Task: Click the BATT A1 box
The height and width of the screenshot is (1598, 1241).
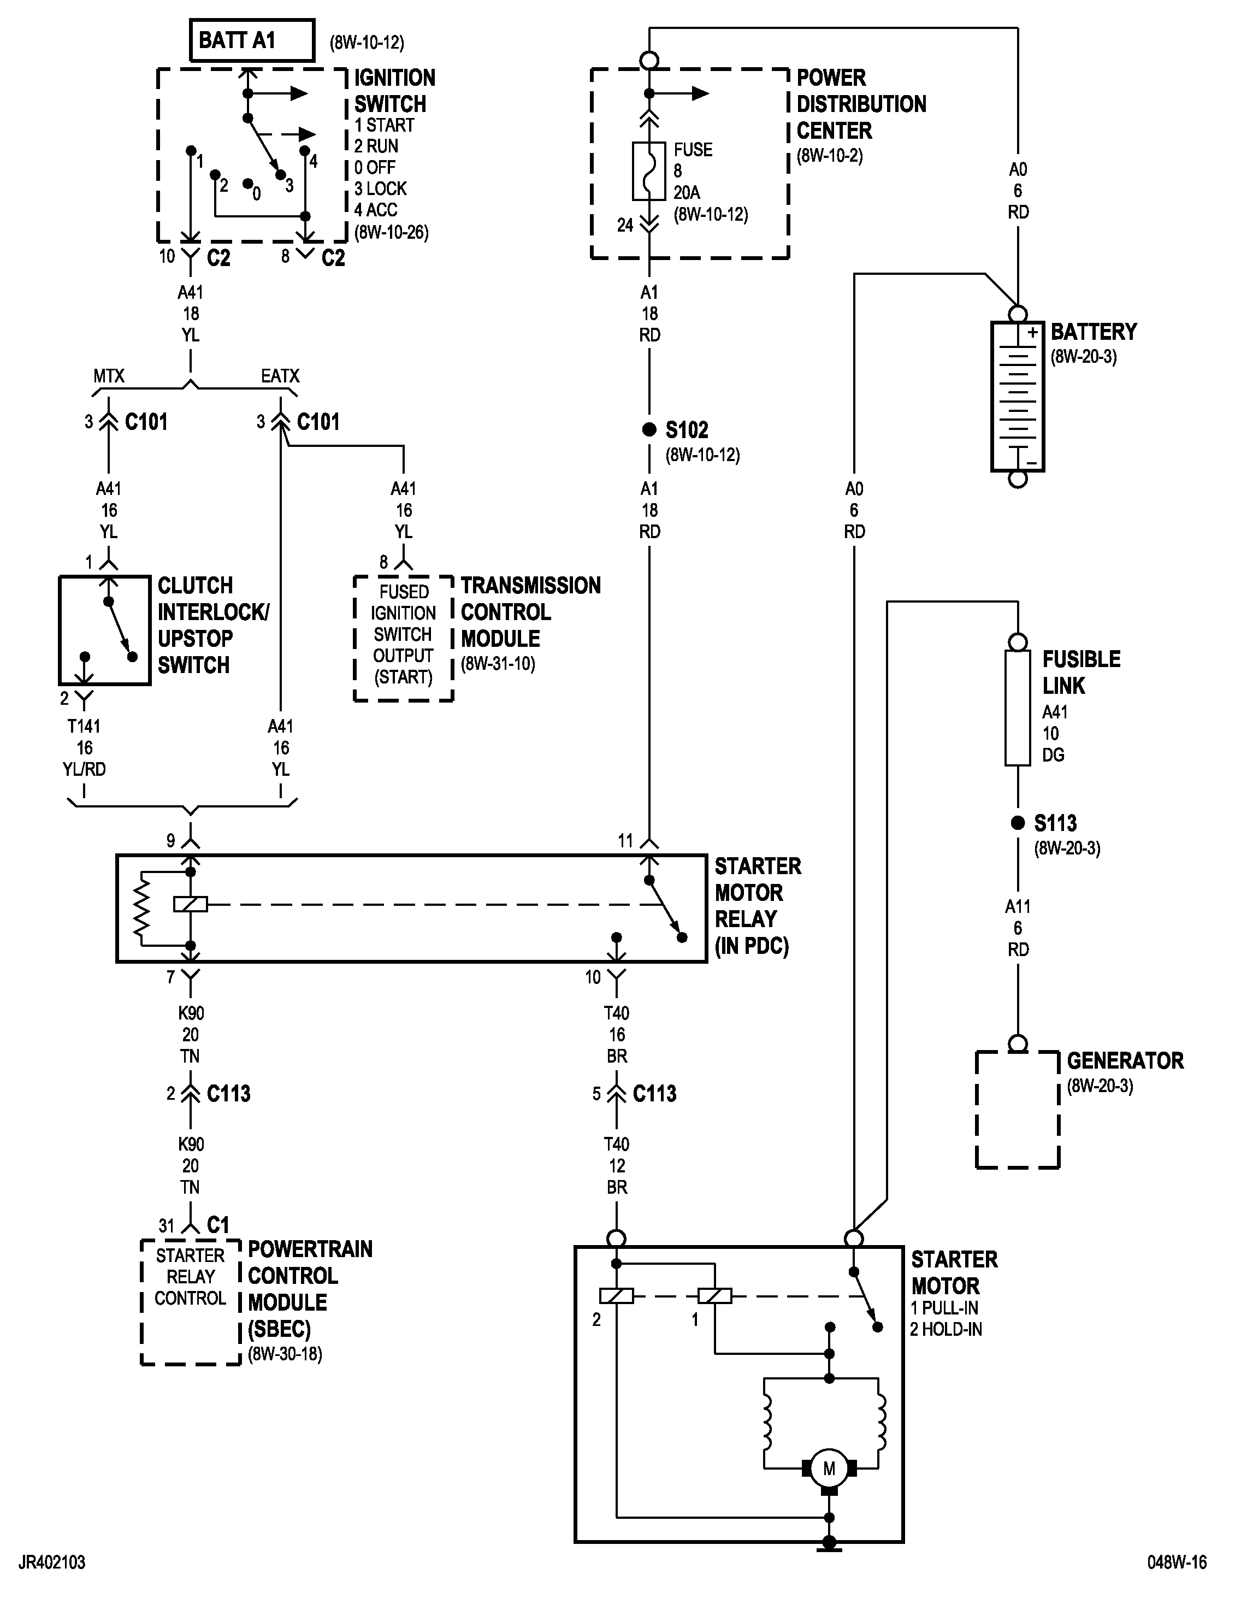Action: click(252, 40)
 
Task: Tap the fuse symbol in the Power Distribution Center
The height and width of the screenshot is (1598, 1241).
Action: click(649, 171)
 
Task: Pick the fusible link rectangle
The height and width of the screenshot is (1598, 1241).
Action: click(1017, 707)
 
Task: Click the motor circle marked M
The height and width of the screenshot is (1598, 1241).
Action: click(829, 1468)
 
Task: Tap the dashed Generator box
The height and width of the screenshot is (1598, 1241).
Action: click(1017, 1108)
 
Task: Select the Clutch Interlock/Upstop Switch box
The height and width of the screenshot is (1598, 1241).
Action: click(105, 630)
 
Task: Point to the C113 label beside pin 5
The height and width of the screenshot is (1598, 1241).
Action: click(654, 1094)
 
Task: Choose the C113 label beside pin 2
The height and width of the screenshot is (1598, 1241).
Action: click(228, 1094)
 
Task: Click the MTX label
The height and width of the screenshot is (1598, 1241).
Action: click(108, 376)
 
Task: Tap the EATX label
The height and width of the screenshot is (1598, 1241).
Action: click(280, 376)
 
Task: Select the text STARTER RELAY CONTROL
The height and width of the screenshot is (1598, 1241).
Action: click(190, 1277)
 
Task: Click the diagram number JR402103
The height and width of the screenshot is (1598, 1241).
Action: click(52, 1562)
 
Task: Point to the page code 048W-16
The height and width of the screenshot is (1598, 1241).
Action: click(1177, 1562)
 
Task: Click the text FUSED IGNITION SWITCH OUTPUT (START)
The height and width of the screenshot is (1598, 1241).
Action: click(403, 634)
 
